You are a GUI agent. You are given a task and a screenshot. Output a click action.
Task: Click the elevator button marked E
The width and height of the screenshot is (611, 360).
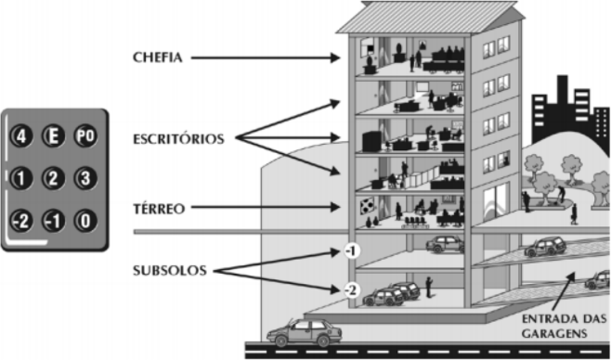coord(53,136)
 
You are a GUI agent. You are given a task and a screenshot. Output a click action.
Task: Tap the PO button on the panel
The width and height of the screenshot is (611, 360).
coord(85,136)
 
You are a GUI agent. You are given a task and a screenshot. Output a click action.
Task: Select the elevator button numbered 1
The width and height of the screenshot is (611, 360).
coord(21,178)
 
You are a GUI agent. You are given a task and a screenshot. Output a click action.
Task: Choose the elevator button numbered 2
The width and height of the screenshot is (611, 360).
coord(53,178)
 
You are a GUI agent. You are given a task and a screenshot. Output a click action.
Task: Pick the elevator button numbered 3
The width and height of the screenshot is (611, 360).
coord(85,178)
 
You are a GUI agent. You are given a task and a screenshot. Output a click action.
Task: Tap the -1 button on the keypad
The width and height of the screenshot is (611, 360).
coord(53,221)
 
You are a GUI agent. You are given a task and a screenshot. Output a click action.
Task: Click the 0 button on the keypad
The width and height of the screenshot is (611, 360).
coord(85,221)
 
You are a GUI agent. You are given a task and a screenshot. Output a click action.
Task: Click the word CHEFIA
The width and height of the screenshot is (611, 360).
coord(158,58)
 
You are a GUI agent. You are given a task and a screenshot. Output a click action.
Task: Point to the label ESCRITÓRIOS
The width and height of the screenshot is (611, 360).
coord(178,139)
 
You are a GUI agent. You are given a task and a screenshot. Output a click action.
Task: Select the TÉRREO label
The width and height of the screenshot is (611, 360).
coord(159,209)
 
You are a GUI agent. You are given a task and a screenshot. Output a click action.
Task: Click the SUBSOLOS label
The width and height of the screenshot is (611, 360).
coord(170,271)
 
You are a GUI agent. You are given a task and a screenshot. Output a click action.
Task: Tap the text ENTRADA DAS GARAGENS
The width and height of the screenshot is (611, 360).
coord(564,327)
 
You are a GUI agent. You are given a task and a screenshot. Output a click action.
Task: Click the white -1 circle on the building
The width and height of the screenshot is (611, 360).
coord(352,251)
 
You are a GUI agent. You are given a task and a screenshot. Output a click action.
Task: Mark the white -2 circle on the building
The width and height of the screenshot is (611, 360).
coord(351,290)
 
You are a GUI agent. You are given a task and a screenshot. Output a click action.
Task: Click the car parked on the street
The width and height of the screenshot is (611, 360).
coord(305,333)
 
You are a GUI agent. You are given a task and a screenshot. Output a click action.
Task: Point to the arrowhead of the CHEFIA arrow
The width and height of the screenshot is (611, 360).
coord(335,58)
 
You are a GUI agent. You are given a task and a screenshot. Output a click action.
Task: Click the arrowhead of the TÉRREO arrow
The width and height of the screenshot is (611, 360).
coord(335,208)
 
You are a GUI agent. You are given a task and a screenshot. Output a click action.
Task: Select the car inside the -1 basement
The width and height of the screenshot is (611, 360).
coord(445,244)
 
